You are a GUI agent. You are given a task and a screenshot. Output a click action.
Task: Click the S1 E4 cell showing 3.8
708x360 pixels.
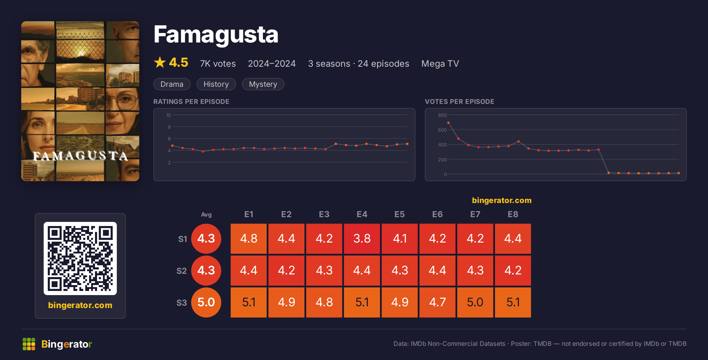(362, 239)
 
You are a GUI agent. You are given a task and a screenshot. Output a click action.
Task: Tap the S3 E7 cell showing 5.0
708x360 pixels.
(475, 302)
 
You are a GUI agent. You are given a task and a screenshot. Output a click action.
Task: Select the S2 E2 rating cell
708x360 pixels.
(286, 271)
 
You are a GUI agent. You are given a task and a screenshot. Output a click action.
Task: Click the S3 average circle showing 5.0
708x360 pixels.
(206, 302)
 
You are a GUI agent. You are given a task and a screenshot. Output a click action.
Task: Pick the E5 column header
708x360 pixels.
(400, 214)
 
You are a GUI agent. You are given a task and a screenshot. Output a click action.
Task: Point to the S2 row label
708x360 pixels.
(182, 271)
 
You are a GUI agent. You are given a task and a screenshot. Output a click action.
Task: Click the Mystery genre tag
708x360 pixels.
(263, 84)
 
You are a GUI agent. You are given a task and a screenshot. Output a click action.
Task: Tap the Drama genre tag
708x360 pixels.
(172, 84)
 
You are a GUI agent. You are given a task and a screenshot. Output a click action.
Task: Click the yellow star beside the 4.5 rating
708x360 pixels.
(160, 62)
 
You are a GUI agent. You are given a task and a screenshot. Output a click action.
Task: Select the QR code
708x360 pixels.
(80, 258)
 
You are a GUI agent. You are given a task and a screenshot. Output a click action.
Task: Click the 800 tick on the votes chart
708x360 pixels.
(442, 115)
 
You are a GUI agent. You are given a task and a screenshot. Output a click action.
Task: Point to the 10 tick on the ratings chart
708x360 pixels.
(168, 115)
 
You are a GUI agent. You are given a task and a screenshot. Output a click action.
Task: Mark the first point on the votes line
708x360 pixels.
(448, 123)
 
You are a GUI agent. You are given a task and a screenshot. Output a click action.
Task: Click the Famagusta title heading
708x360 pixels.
(216, 35)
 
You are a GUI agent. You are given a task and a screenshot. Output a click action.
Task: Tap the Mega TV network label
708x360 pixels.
(440, 64)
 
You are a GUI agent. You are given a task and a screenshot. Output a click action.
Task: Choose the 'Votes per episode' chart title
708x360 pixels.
(460, 102)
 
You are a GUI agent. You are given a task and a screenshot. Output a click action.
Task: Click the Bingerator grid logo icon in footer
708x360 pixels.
(29, 344)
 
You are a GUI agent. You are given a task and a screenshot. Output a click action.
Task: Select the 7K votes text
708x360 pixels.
(218, 64)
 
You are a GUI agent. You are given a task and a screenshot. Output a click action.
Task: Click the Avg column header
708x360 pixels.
(206, 215)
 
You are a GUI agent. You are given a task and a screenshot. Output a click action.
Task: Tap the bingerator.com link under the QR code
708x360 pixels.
(80, 305)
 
